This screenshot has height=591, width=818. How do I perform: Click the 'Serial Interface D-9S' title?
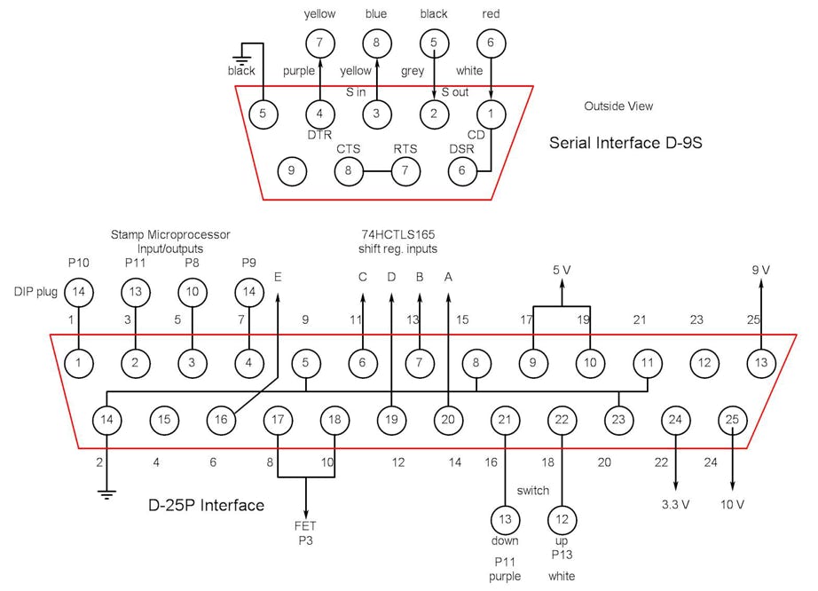625,142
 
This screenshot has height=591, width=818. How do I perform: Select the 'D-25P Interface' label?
206,505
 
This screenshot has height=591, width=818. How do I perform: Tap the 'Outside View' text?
618,106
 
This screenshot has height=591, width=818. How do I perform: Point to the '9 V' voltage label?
760,270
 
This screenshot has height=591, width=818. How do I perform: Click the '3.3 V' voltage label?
676,504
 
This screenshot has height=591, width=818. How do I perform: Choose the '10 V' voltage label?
732,504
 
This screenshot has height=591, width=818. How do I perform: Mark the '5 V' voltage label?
561,270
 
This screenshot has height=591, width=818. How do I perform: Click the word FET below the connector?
305,526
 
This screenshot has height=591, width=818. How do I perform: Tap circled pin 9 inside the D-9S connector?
292,169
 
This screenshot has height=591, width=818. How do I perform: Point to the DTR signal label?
319,134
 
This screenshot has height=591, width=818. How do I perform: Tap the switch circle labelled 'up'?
561,517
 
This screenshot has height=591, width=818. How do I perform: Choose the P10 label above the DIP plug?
79,263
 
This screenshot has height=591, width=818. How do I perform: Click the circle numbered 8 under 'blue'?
376,43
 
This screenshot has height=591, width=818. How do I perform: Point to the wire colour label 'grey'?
413,71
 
